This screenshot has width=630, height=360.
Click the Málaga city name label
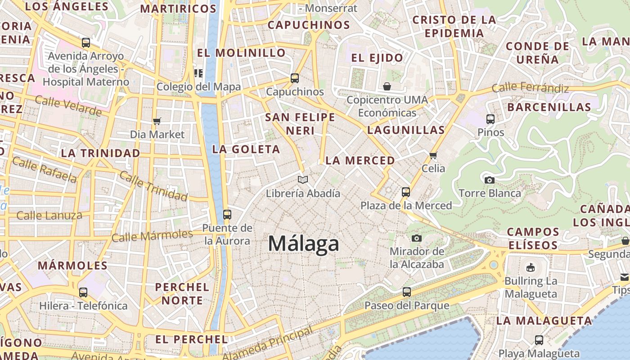303,244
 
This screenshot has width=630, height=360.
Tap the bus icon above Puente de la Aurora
227,215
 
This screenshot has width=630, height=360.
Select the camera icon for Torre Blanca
490,180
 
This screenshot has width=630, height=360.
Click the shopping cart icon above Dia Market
157,121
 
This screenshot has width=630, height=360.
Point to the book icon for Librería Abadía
303,180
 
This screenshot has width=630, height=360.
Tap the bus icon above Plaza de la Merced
406,192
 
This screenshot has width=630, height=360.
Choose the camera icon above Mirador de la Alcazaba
417,238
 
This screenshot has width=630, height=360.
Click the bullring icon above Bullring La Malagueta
531,267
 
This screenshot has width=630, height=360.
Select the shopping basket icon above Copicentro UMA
387,86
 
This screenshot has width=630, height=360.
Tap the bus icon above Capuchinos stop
295,78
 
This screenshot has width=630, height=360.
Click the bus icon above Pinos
490,119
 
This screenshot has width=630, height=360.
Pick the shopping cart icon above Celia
433,155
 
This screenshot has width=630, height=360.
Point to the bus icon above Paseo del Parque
407,292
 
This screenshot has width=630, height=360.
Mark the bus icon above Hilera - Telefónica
83,292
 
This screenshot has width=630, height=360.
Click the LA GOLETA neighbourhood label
246,149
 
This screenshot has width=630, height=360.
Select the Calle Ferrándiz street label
530,88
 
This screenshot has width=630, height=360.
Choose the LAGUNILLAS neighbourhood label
406,130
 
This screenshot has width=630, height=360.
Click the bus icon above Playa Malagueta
539,340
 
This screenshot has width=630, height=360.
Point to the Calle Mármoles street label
152,235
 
